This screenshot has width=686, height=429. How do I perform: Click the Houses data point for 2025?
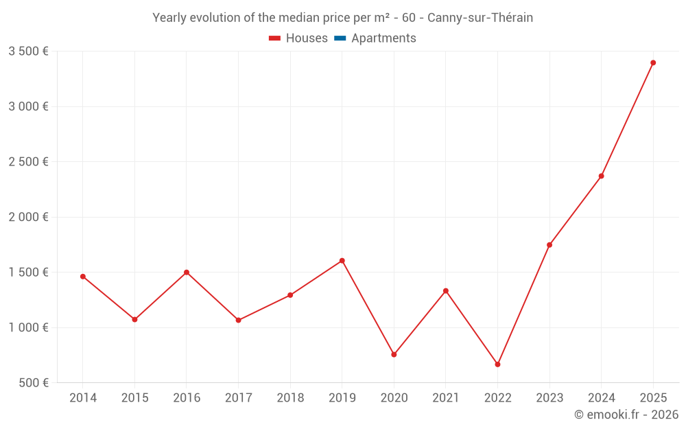click(653, 63)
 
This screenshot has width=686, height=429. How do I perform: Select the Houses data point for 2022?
click(497, 364)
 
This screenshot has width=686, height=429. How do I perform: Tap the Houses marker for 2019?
click(342, 261)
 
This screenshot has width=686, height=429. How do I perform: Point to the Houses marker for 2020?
click(394, 355)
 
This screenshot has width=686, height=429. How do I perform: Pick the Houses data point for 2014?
click(82, 277)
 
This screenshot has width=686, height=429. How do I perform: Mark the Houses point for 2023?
click(549, 245)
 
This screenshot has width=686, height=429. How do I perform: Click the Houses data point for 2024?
click(601, 176)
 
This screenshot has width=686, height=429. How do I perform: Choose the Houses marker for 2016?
click(187, 273)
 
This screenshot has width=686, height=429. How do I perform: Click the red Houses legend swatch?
click(274, 38)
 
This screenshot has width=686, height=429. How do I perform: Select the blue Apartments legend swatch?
click(340, 38)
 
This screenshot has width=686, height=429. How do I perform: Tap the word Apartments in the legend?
click(383, 38)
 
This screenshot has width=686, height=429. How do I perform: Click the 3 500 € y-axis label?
click(28, 51)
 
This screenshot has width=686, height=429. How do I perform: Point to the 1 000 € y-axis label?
click(28, 327)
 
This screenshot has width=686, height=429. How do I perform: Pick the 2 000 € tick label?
click(28, 217)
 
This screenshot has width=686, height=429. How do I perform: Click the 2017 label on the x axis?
click(238, 398)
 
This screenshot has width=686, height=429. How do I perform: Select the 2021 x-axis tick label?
click(446, 398)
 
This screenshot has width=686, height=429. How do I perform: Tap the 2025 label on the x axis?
click(653, 398)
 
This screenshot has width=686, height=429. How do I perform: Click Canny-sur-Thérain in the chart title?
click(480, 18)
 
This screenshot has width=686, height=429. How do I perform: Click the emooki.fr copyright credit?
click(626, 415)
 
